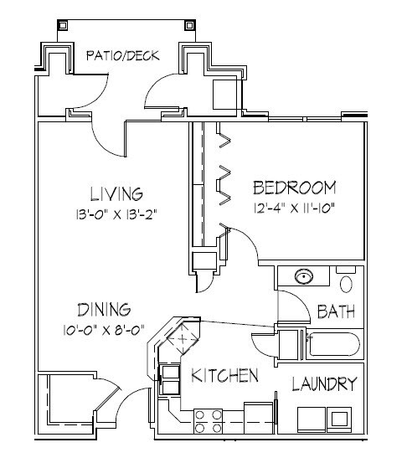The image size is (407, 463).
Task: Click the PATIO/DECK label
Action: tap(123, 55)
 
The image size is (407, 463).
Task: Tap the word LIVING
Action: tap(116, 194)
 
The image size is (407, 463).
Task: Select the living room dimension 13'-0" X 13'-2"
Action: tap(116, 214)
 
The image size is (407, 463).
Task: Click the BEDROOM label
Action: tap(295, 188)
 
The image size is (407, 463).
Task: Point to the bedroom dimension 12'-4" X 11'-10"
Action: tap(294, 208)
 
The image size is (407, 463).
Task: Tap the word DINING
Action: tap(104, 310)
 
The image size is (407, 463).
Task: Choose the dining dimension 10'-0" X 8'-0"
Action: tap(104, 330)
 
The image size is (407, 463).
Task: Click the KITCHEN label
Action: tap(224, 375)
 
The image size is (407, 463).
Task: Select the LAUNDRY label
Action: tap(325, 383)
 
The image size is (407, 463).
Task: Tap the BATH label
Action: tap(336, 311)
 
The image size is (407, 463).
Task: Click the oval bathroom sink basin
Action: tap(304, 276)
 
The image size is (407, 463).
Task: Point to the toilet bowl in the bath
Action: tap(346, 284)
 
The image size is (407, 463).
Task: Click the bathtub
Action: tap(334, 344)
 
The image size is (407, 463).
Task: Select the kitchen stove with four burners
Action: tap(208, 421)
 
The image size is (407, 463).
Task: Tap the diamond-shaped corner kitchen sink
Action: tap(183, 339)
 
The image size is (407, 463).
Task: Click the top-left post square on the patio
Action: tap(62, 25)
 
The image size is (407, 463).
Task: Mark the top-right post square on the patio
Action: tap(190, 25)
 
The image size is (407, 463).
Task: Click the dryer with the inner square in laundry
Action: tap(339, 419)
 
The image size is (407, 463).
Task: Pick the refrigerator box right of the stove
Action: tap(259, 418)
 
